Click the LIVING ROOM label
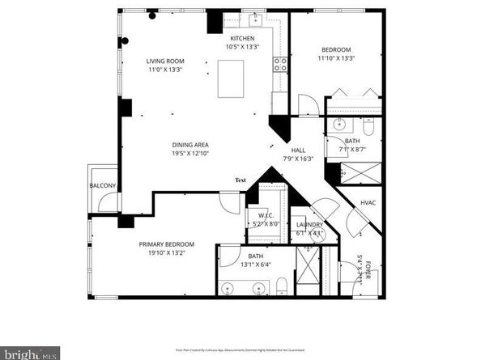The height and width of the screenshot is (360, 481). point(166,61)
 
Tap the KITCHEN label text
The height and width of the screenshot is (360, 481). point(242,39)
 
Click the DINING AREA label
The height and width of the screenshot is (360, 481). point(189,145)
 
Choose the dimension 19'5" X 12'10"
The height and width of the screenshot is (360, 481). point(189,154)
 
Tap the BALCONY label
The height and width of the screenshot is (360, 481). point(103,186)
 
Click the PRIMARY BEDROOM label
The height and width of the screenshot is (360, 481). point(166,244)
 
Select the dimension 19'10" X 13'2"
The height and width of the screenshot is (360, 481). point(166,253)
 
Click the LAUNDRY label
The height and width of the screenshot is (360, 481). point(309,224)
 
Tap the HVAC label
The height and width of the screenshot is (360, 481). point(367,202)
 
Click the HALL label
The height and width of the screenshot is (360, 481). point(298,150)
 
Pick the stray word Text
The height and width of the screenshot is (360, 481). point(240,180)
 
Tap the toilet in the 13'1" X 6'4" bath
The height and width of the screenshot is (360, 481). point(281,285)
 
